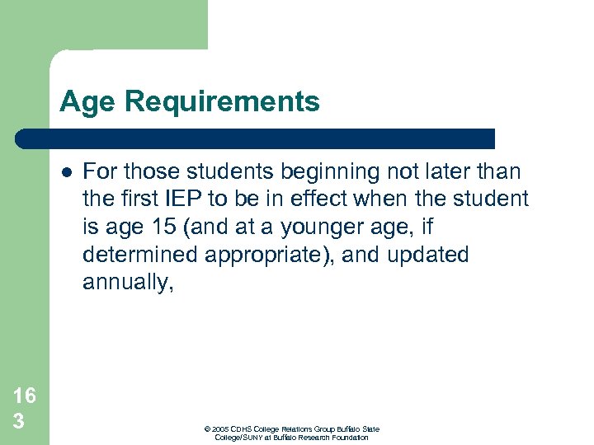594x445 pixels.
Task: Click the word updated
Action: [427, 255]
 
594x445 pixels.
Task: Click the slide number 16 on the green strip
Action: [25, 396]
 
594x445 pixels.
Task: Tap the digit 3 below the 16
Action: [18, 421]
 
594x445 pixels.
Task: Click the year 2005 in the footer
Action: [223, 429]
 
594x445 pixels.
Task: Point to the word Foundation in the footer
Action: [350, 438]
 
